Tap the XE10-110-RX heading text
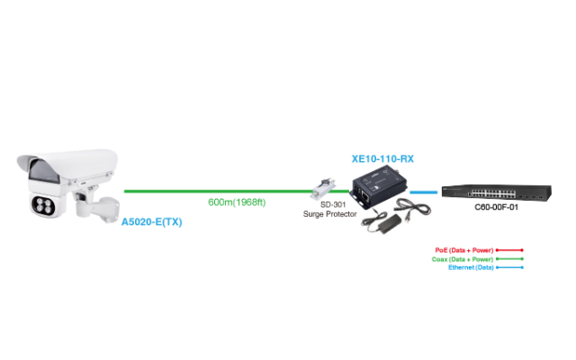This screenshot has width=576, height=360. coord(382,158)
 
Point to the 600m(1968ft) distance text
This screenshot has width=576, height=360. coord(238,202)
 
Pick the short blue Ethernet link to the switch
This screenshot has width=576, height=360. coord(424,192)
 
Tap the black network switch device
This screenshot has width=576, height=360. coord(486,192)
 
